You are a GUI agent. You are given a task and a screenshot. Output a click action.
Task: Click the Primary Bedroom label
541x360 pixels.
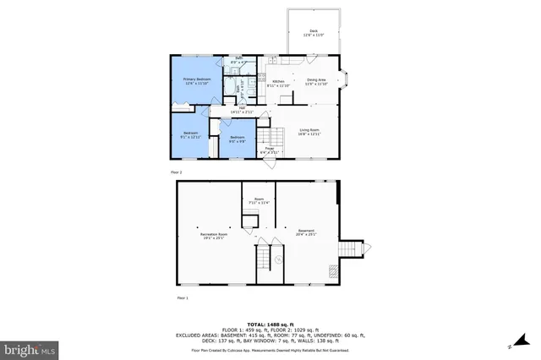pos(196,81)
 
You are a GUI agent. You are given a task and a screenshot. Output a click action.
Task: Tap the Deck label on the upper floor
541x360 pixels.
pos(314,34)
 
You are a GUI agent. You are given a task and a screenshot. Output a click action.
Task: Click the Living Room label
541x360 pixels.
pos(310,131)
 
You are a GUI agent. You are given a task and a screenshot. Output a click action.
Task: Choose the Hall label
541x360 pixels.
pos(242,110)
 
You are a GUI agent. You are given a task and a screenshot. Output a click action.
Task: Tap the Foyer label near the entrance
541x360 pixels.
pos(270,150)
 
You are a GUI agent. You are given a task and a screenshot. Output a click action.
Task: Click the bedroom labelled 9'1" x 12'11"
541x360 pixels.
pos(191,134)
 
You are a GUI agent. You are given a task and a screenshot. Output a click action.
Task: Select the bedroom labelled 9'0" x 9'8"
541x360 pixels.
pos(238,139)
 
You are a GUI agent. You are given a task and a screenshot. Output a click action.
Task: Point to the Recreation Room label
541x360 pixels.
pos(214,234)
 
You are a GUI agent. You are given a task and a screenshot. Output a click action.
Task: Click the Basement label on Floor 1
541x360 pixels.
pos(306,232)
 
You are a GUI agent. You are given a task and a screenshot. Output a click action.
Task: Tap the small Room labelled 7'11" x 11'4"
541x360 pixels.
pos(259,201)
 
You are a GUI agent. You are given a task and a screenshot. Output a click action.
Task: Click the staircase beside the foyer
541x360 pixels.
pos(269,134)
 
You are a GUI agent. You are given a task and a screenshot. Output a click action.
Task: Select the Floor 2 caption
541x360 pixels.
pos(176,172)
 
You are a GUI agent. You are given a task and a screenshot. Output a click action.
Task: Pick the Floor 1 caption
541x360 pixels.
pos(181,298)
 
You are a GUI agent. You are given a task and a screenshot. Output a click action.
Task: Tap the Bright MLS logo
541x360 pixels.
pos(30,348)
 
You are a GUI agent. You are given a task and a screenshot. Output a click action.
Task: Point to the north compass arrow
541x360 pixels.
pos(512,346)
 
